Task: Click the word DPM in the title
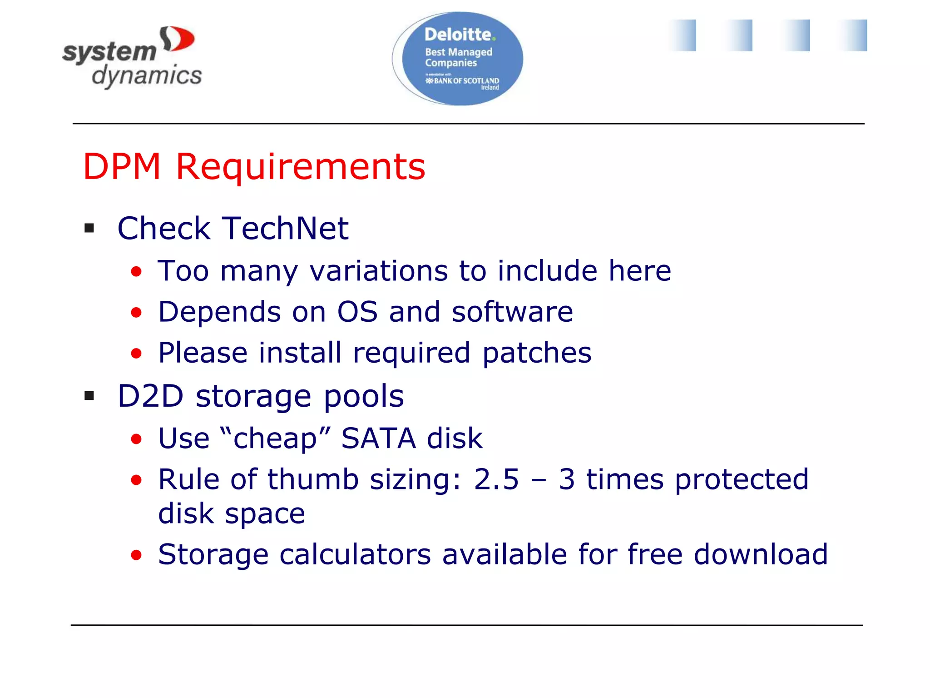pos(122,166)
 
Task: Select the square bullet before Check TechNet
pos(89,228)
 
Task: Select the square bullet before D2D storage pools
pos(89,396)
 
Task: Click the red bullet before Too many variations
pos(136,272)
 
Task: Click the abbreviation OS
pos(357,312)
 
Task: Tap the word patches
pos(537,354)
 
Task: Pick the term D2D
pos(150,396)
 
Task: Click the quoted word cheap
pos(275,439)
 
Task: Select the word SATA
pos(378,439)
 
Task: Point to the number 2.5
pos(496,479)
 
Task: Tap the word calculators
pos(355,554)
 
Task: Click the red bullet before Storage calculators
pos(136,555)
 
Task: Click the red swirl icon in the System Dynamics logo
pos(177,39)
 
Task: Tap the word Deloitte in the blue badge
pos(458,35)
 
